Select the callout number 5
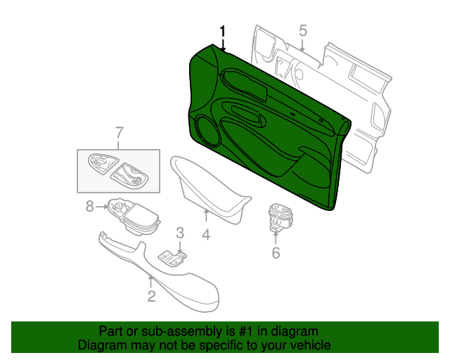pos(303,31)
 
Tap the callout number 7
pos(119,133)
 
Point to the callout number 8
pos(90,207)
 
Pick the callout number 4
pos(206,235)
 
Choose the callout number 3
pos(180,233)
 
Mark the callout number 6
pos(276,253)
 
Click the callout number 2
pos(151,296)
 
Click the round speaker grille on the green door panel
pos(207,130)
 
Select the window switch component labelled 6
pos(280,217)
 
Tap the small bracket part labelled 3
pos(173,258)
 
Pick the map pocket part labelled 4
pos(210,189)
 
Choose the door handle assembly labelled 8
pos(134,216)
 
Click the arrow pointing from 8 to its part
pos(101,207)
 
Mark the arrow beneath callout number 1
pos(223,46)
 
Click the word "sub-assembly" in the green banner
pos(181,332)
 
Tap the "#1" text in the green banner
pos(247,332)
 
